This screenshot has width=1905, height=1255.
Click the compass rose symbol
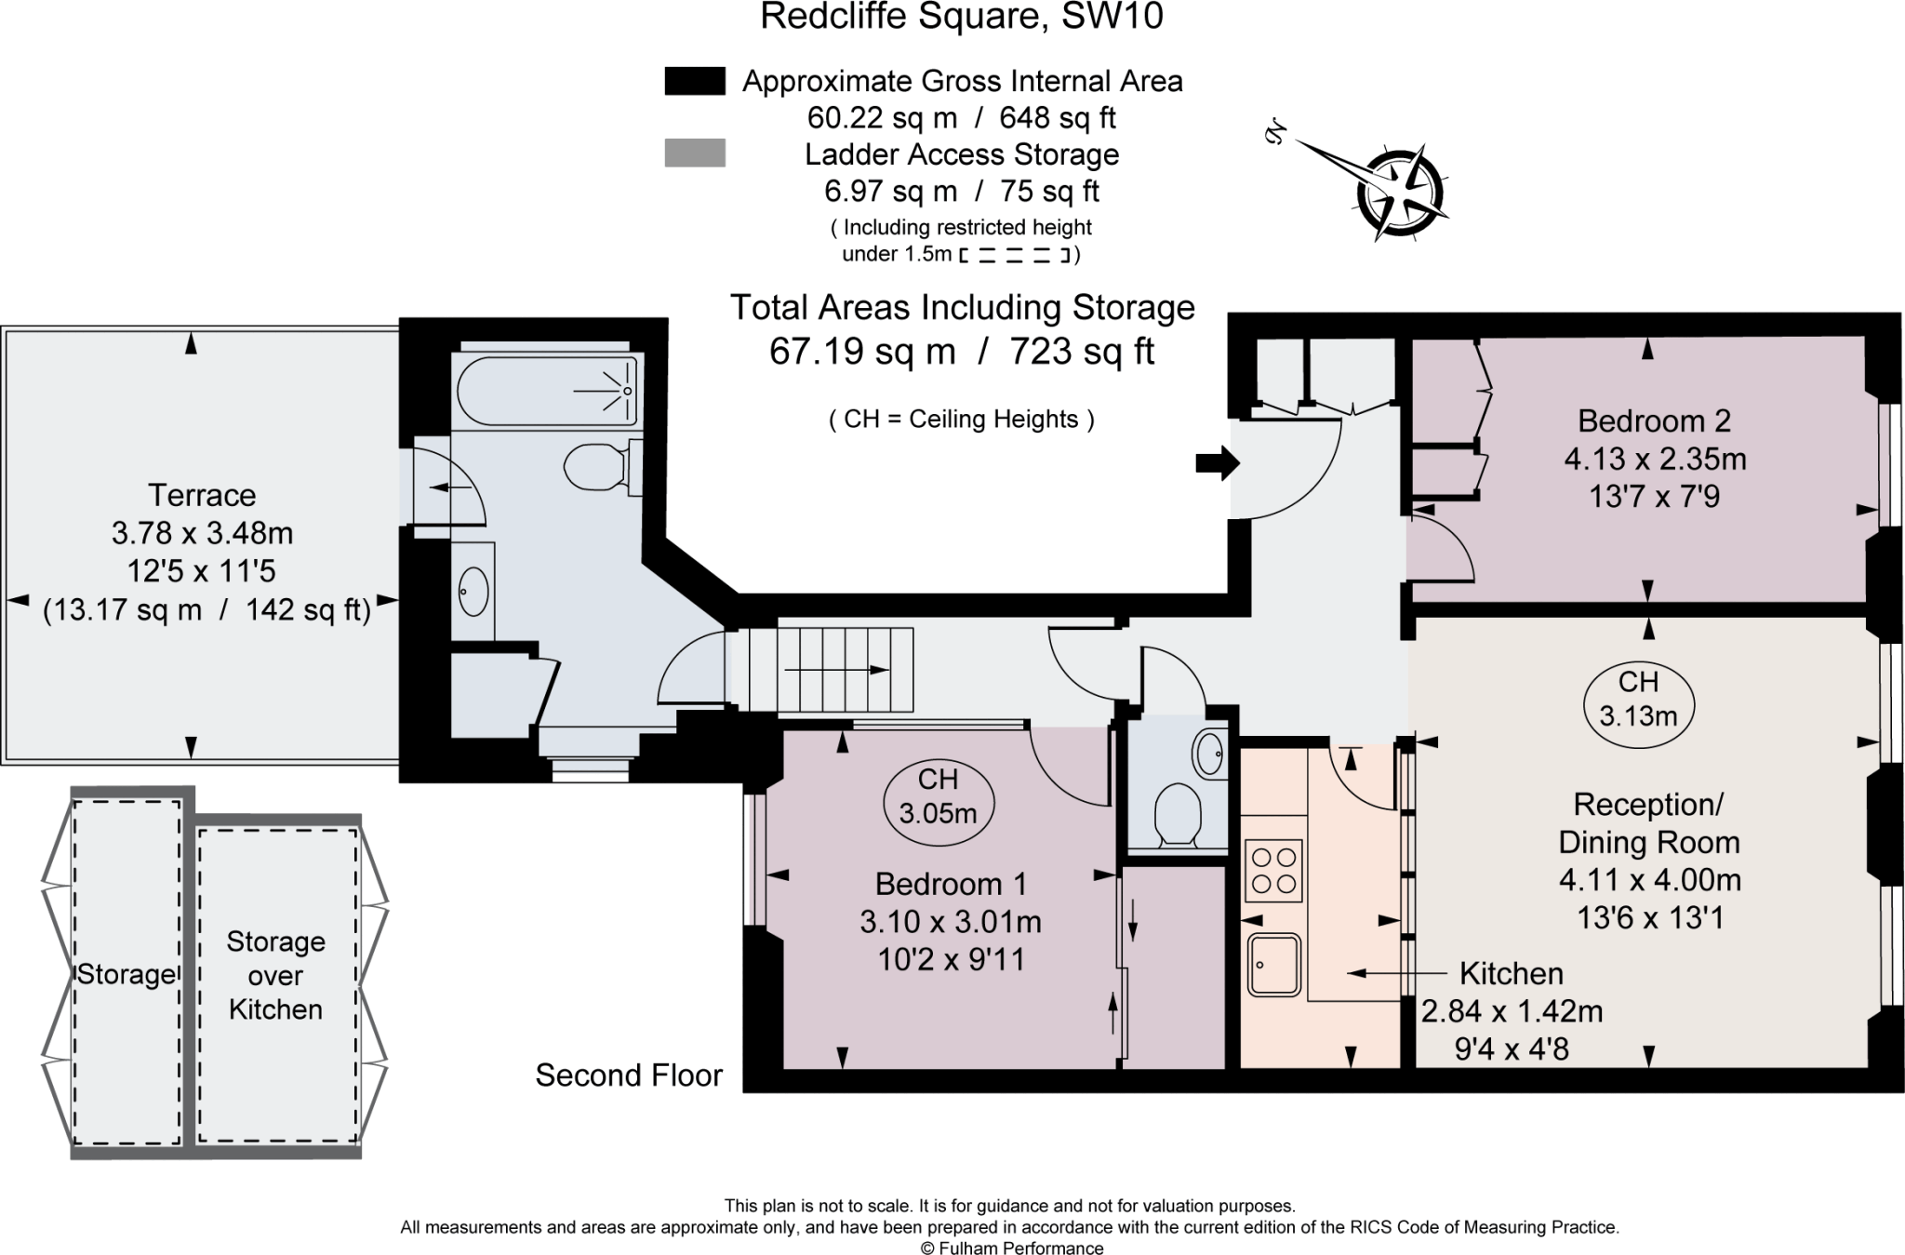pos(1398,194)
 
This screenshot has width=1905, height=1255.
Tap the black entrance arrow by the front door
pos(1217,462)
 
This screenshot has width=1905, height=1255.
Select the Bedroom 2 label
pos(1654,421)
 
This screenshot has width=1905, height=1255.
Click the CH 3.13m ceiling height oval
pos(1638,699)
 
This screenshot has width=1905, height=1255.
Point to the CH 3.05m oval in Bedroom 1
pos(938,797)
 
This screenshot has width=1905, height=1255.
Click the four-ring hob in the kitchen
pos(1273,871)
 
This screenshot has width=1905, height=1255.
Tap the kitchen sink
pos(1274,964)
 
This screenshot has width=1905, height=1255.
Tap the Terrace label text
pos(202,495)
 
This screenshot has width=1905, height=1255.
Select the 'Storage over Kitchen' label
pos(275,975)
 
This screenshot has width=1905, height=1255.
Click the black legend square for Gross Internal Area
pos(694,81)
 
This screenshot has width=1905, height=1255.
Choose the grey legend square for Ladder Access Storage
pos(694,154)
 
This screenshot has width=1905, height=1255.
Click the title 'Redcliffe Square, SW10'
pos(961,17)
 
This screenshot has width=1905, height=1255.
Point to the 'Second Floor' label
pos(629,1075)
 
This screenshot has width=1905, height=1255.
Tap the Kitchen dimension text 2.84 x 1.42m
pos(1512,1011)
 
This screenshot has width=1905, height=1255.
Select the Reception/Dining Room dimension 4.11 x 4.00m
pos(1649,880)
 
